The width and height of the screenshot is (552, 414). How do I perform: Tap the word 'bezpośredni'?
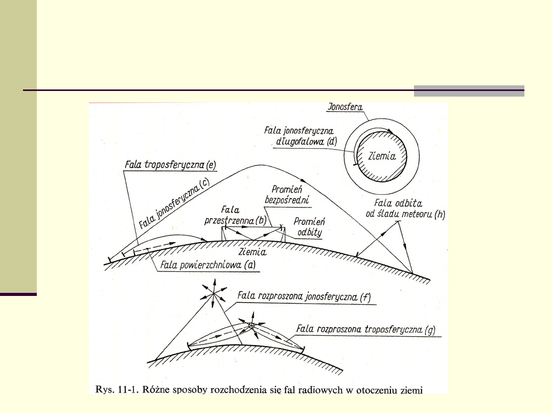pyautogui.click(x=289, y=200)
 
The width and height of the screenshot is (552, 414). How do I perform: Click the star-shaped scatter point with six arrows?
pyautogui.click(x=214, y=294)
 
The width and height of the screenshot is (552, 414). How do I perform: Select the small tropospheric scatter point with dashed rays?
pyautogui.click(x=251, y=325)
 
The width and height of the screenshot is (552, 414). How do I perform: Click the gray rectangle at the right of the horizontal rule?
pyautogui.click(x=469, y=91)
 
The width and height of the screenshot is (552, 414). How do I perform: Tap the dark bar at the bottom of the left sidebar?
pyautogui.click(x=18, y=294)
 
